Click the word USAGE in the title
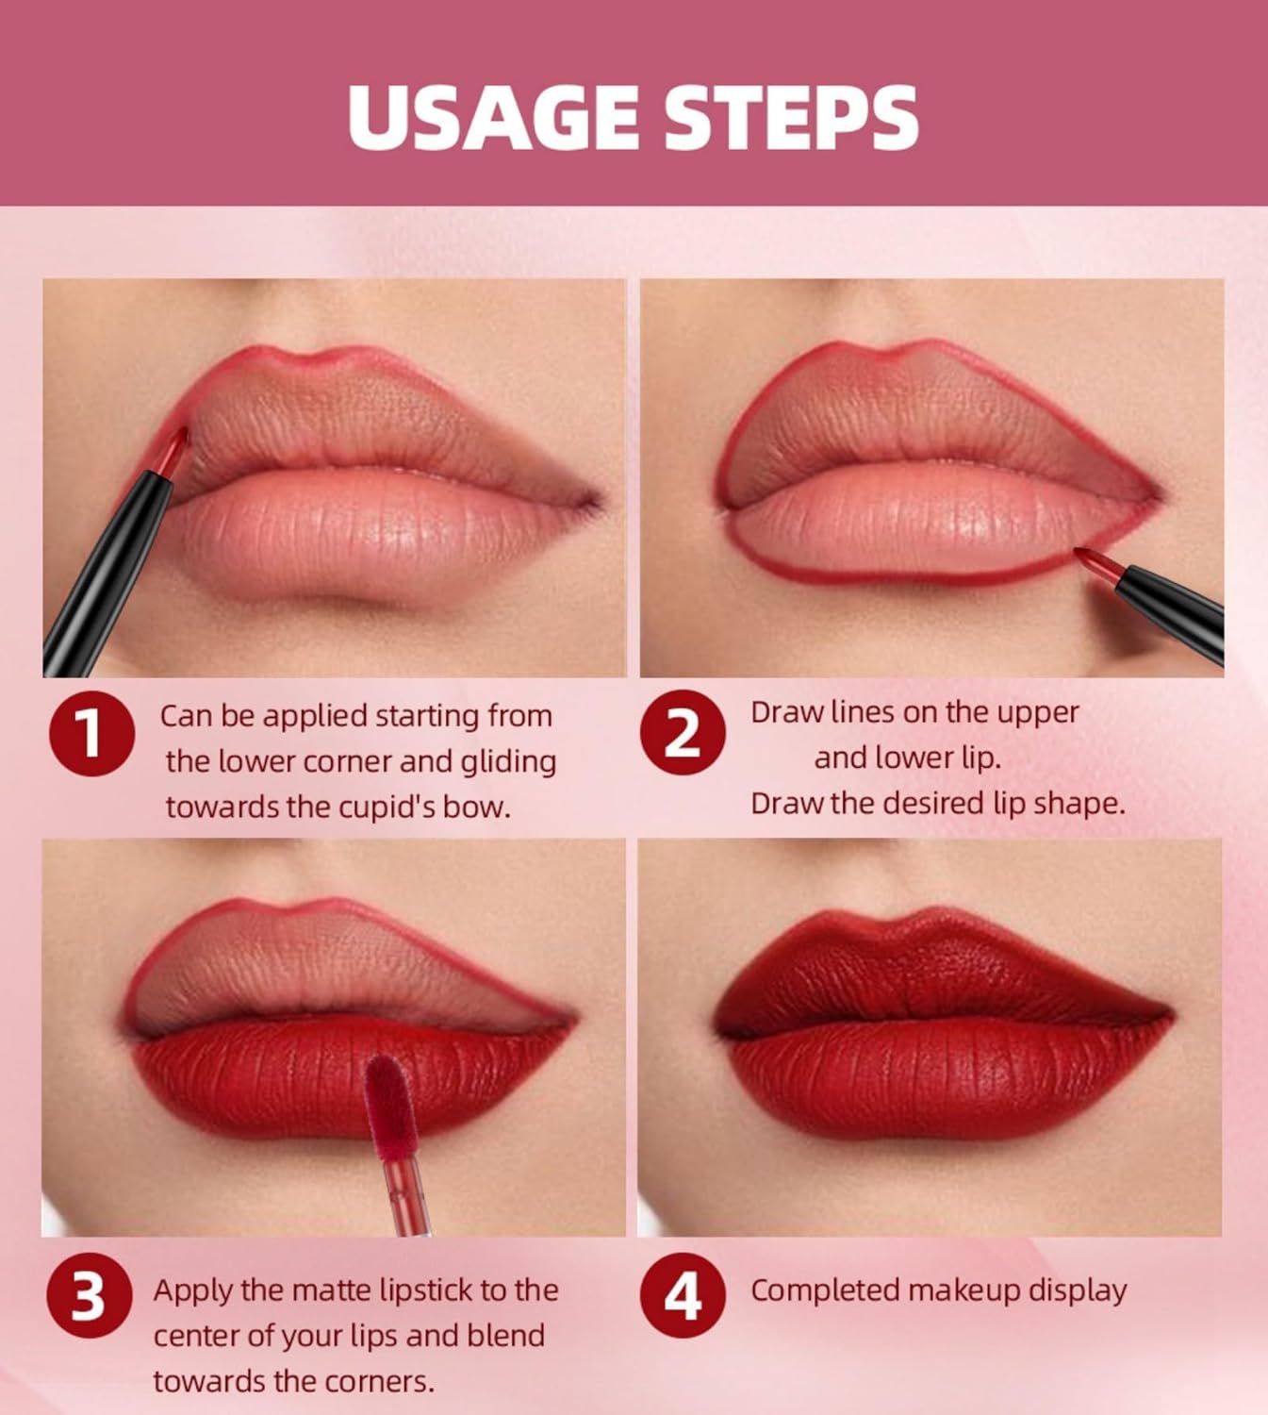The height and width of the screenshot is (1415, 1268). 491,117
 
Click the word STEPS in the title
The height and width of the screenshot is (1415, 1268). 790,117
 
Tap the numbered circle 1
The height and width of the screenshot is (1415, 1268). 91,733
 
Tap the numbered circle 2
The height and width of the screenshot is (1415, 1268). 683,733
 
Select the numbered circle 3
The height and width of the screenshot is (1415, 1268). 89,1295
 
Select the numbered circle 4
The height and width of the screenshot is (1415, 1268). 683,1295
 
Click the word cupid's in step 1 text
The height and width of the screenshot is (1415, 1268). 387,807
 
